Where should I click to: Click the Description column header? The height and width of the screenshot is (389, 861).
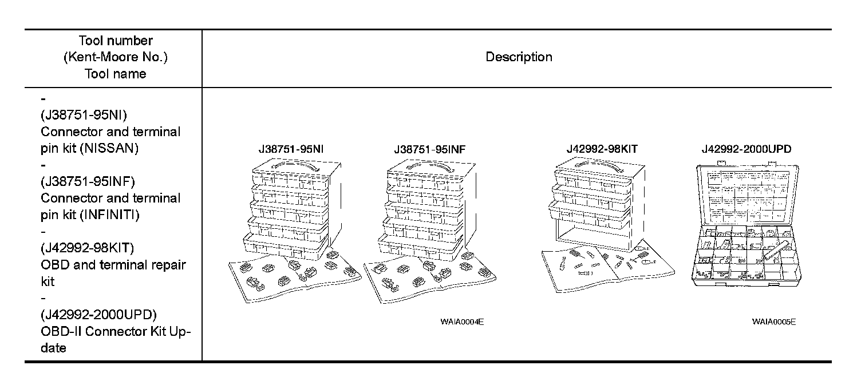pyautogui.click(x=519, y=57)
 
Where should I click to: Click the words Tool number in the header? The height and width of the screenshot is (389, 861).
pyautogui.click(x=115, y=41)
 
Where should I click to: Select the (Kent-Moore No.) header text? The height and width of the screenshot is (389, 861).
pyautogui.click(x=115, y=57)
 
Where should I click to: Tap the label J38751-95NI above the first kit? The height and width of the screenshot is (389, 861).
pyautogui.click(x=291, y=149)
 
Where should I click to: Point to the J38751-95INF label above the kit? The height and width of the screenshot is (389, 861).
pyautogui.click(x=429, y=149)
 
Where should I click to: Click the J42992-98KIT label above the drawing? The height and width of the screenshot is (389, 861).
pyautogui.click(x=602, y=149)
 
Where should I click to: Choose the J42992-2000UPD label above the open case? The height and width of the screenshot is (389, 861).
pyautogui.click(x=747, y=149)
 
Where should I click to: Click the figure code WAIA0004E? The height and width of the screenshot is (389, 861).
pyautogui.click(x=462, y=321)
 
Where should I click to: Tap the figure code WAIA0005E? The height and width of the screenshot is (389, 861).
pyautogui.click(x=774, y=321)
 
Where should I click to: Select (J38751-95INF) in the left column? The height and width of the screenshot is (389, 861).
pyautogui.click(x=88, y=182)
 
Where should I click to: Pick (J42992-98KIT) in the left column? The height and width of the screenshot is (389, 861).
pyautogui.click(x=88, y=248)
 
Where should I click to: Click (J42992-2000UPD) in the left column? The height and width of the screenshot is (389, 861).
pyautogui.click(x=98, y=315)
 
